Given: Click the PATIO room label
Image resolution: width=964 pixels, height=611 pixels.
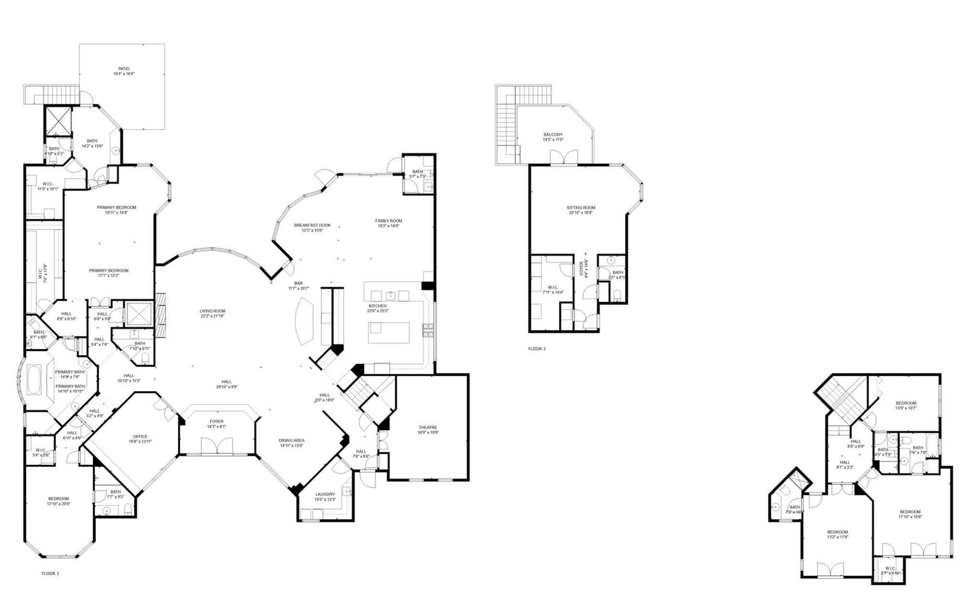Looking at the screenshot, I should pos(124,69).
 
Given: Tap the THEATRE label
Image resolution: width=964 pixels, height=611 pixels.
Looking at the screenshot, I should pos(428,427).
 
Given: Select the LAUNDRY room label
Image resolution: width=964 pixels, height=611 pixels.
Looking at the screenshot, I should pos(325,494).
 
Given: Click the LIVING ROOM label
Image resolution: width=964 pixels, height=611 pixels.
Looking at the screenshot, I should pos(212,311).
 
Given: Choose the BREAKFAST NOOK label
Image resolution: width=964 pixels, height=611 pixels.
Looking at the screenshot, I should pos(312,225).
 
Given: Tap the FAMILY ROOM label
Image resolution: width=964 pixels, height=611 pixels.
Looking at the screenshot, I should pos(389,221).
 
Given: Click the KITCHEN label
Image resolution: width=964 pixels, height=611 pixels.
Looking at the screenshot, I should pos(378,306).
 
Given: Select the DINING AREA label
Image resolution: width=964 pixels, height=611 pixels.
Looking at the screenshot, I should pos(292,440).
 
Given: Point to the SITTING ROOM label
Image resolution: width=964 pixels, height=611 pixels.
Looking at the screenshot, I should pos(581,208).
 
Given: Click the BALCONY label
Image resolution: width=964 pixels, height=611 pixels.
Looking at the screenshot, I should pos(553,135).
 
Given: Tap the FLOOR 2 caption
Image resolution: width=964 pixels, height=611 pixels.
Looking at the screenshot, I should pos(537,349).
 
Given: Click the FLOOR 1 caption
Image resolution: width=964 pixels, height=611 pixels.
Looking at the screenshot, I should pos(50,573).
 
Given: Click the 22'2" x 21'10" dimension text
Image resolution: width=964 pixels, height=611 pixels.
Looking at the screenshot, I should pos(212,316).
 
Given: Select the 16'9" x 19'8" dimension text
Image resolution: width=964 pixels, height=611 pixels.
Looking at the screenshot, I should pos(428,433).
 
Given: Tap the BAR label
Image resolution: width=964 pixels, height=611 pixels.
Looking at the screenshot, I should pos(299,283).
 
